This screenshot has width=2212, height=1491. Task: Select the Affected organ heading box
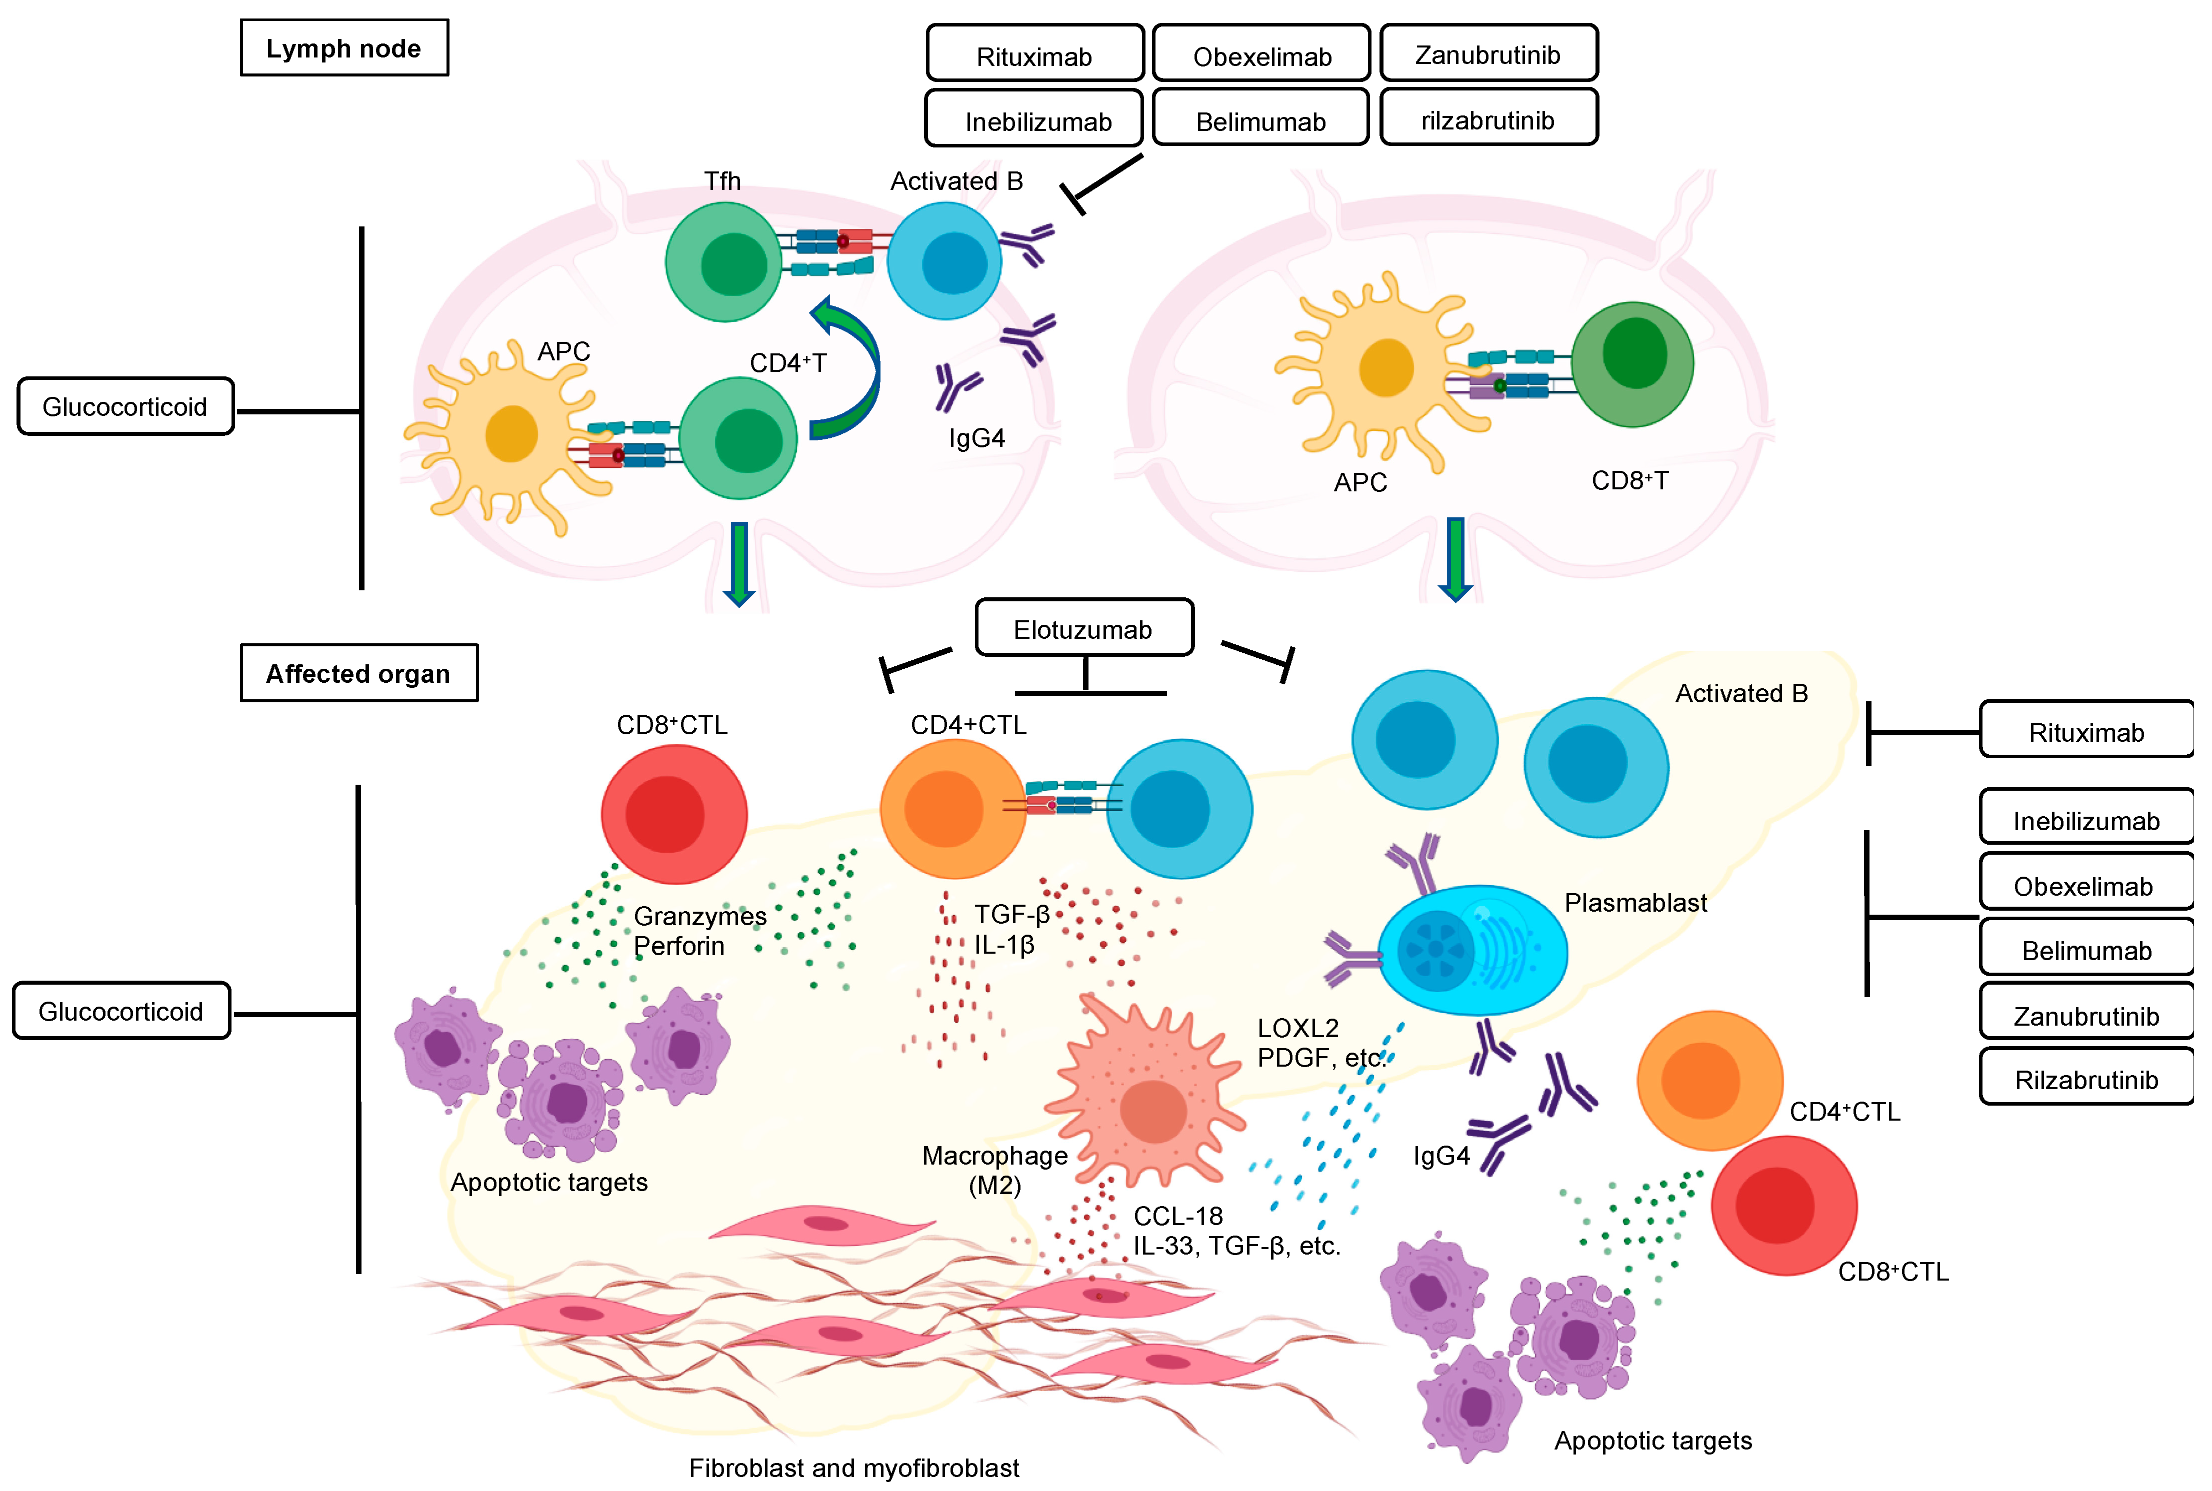pos(358,673)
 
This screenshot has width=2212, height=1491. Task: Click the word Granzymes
pos(700,916)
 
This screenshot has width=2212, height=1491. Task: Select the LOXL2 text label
pos(1297,1028)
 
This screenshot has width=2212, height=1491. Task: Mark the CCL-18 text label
pos(1177,1215)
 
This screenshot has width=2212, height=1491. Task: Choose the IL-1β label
pos(1003,944)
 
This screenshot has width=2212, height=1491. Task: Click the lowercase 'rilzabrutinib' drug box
pos(1487,120)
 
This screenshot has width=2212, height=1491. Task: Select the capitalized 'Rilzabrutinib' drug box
pos(2085,1079)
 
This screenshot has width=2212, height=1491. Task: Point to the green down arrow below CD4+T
pos(739,563)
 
